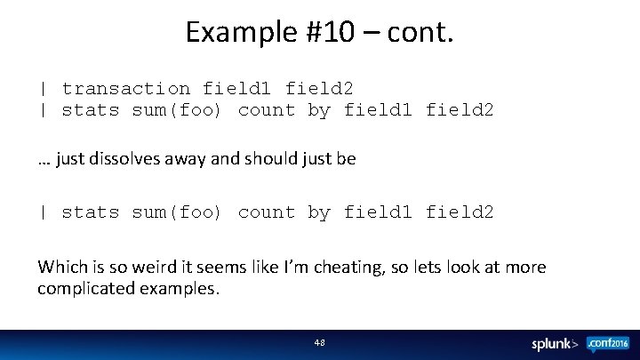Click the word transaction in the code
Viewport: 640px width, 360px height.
pyautogui.click(x=125, y=89)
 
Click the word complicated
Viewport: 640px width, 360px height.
pyautogui.click(x=81, y=289)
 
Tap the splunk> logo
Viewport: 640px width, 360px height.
pyautogui.click(x=556, y=343)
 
